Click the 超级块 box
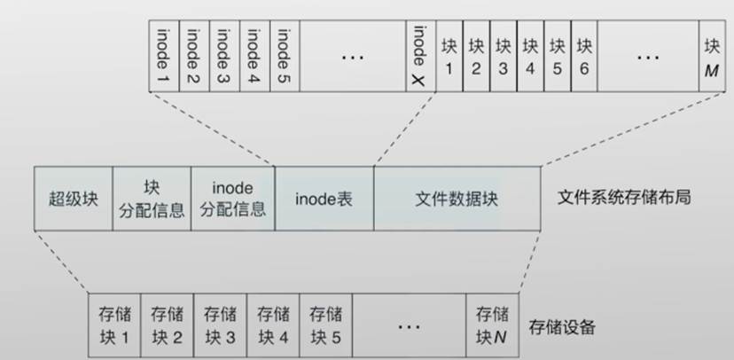click(73, 198)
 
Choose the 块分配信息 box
click(151, 198)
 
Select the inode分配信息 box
click(233, 198)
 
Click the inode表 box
click(324, 198)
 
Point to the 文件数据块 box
click(457, 198)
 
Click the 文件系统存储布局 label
click(625, 197)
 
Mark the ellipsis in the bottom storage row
click(408, 326)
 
